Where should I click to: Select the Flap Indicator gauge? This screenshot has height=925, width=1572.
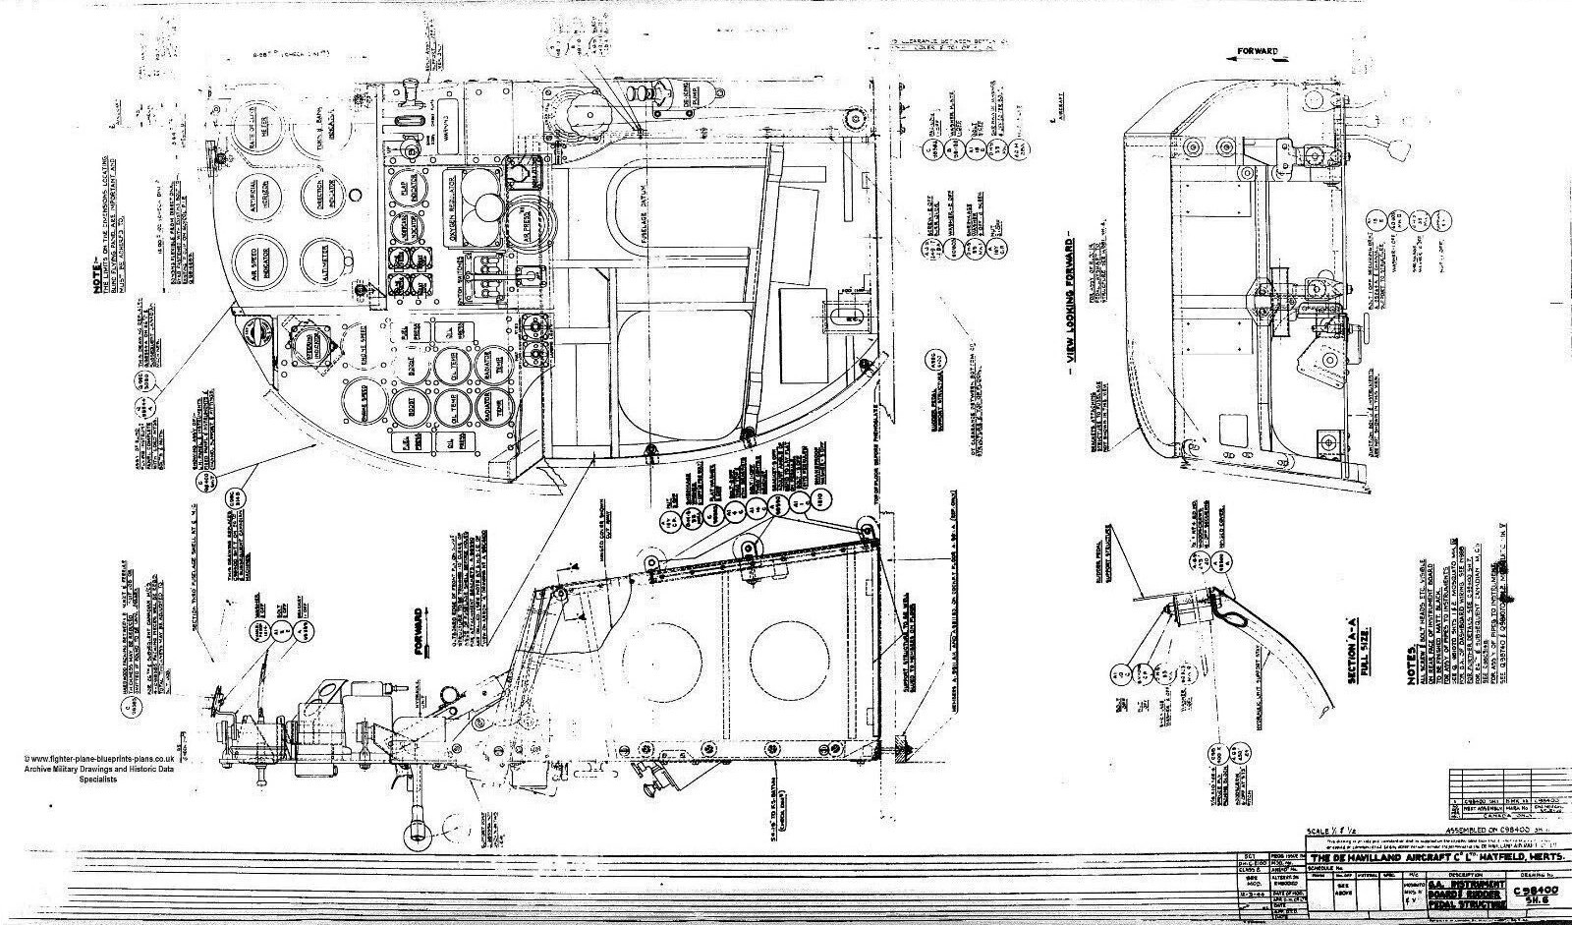pos(407,188)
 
